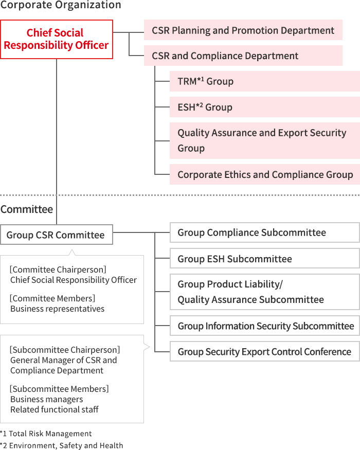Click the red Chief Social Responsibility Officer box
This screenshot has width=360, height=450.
57,39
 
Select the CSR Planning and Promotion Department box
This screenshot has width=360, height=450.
243,30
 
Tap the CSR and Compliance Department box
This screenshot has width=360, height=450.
243,56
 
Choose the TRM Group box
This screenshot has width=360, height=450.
265,81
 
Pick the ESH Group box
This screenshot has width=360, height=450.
265,107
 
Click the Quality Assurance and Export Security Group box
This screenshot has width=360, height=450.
265,140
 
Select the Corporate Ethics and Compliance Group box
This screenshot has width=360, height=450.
265,174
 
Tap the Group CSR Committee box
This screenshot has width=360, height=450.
57,235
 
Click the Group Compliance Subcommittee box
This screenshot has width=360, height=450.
265,232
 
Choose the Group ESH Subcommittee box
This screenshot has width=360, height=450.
265,259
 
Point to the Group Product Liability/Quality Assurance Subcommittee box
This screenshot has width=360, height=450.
265,292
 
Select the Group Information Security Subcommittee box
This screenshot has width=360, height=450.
265,326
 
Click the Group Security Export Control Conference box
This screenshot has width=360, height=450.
265,351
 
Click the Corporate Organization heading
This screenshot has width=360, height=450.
61,5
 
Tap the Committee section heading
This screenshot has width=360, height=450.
27,209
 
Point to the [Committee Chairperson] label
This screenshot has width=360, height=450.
58,269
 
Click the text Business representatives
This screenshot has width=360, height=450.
58,309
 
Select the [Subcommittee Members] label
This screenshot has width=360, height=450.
60,389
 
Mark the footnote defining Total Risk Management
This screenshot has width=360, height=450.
46,434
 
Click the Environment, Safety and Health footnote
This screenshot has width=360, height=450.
61,445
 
